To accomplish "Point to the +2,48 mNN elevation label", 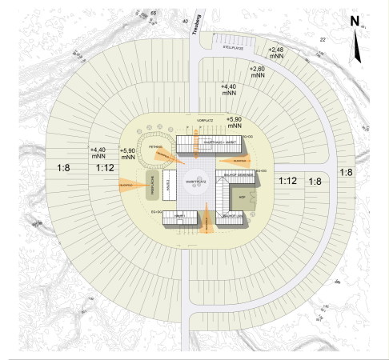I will (x=275, y=54).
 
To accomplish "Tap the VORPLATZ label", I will (x=207, y=120).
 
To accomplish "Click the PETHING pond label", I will (x=155, y=147).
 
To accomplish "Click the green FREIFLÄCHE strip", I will (x=150, y=186).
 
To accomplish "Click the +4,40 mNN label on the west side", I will (x=100, y=153).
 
